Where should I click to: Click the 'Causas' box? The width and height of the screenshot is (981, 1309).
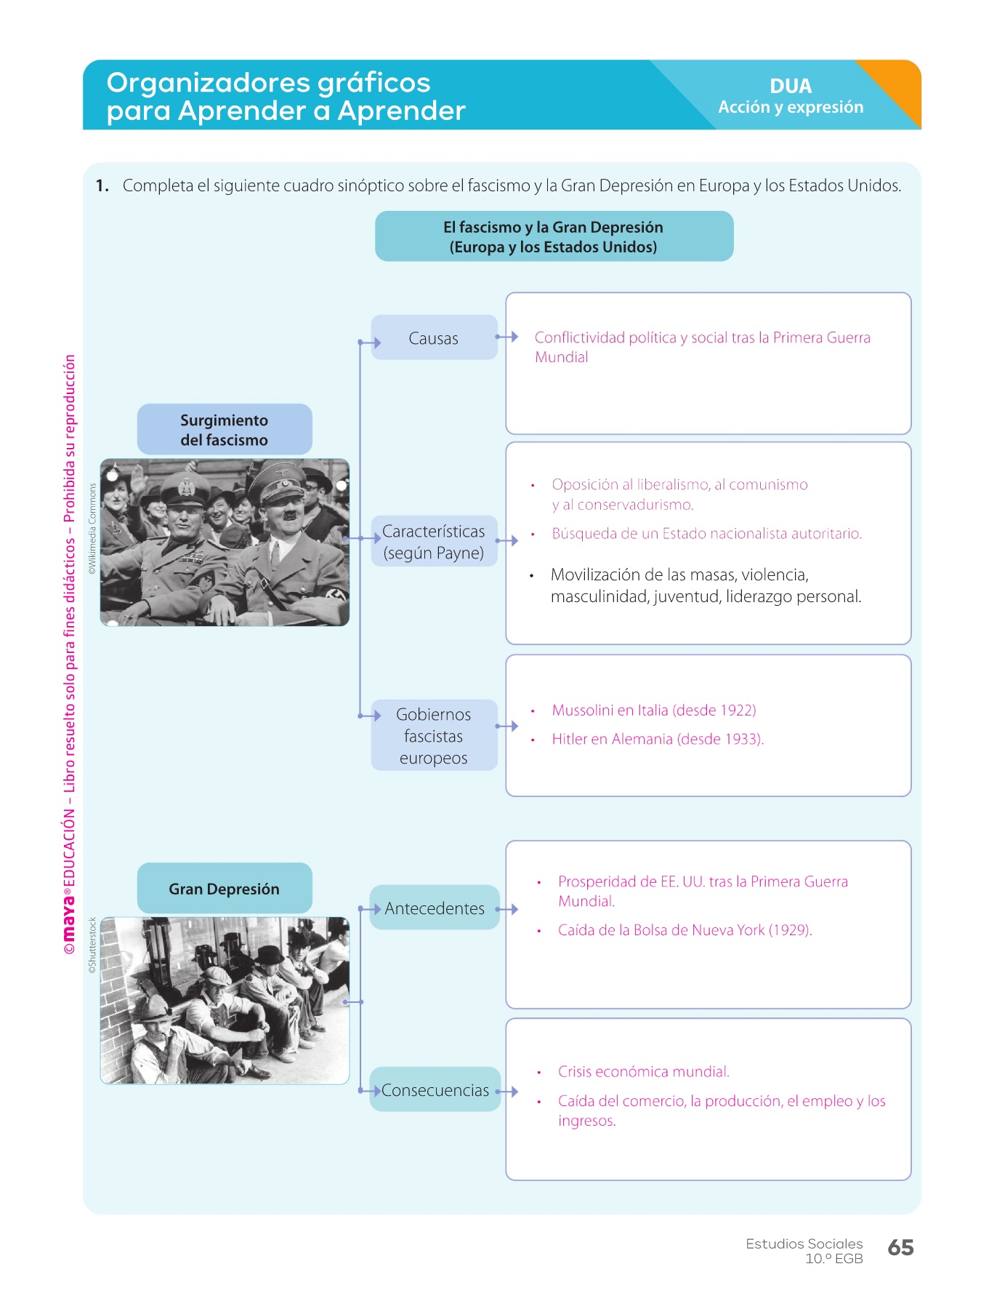click(x=434, y=338)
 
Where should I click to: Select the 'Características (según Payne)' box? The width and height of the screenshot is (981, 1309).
click(x=434, y=542)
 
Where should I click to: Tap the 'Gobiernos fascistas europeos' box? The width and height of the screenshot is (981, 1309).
click(x=434, y=736)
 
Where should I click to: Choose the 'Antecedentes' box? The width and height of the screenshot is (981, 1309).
click(x=435, y=908)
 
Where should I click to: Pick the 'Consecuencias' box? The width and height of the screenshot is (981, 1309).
click(x=435, y=1090)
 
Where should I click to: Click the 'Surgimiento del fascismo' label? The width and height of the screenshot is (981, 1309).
click(x=225, y=430)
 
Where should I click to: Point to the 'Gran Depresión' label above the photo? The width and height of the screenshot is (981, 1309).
click(x=225, y=889)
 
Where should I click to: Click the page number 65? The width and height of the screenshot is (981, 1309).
click(x=900, y=1248)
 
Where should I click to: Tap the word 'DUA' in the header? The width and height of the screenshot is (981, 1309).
click(x=791, y=86)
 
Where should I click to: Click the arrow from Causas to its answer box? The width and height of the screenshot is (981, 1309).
click(x=507, y=337)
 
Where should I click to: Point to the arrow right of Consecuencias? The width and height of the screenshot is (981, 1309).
click(x=507, y=1092)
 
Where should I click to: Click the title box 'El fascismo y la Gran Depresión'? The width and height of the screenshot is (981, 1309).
click(x=554, y=237)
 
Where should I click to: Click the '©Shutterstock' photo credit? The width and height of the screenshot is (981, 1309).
click(x=92, y=945)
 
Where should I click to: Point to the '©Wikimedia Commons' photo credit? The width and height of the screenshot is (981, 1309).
click(x=92, y=529)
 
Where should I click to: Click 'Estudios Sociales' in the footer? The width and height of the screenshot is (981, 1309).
click(x=804, y=1244)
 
